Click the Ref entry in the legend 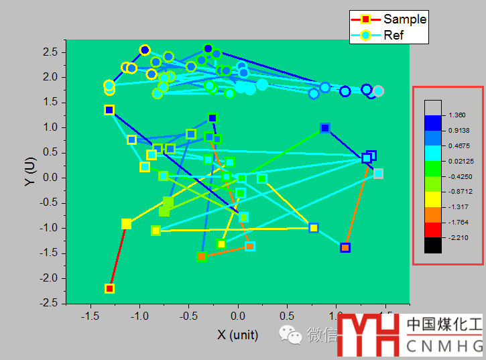point(393,36)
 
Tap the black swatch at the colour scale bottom point(433,245)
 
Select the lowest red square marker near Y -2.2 point(110,288)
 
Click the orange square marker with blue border point(345,247)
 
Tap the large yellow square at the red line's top point(126,224)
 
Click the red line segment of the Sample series point(118,256)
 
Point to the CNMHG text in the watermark point(444,345)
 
